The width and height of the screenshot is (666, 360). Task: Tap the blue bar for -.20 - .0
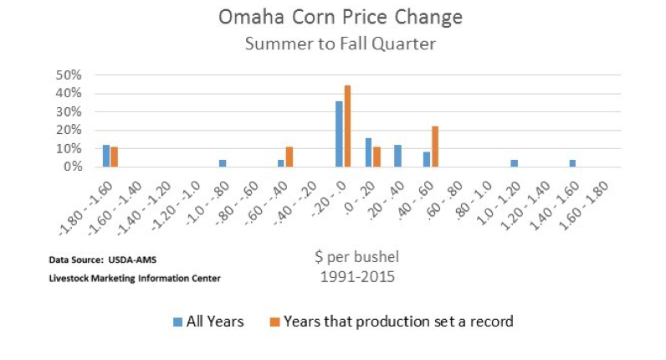[x=339, y=134]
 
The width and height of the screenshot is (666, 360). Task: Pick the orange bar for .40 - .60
[x=435, y=147]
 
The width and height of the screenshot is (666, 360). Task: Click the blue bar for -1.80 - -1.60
[x=106, y=156]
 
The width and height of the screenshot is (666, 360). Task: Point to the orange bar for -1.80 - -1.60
[x=115, y=157]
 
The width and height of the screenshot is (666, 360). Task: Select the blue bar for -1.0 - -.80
[x=223, y=163]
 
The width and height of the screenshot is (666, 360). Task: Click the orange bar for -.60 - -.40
[x=289, y=157]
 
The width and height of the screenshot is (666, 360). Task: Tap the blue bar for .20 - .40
[x=397, y=156]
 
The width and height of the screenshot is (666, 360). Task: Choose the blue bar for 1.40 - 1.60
[x=572, y=163]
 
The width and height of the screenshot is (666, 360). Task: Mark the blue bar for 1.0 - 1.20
[x=514, y=163]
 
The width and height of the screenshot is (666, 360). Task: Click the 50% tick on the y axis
[x=69, y=75]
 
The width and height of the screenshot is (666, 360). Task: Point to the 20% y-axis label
[x=69, y=130]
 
